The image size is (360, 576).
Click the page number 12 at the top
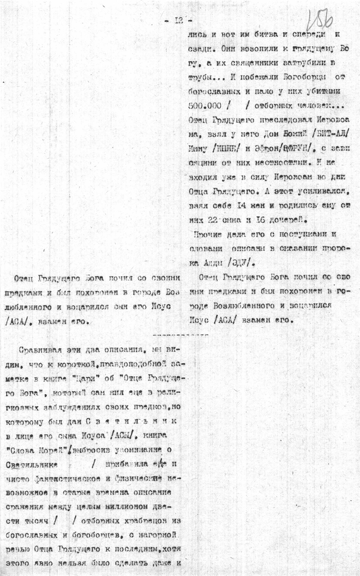click(178, 21)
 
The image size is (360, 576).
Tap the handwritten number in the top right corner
click(321, 19)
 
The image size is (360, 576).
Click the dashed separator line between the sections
click(180, 336)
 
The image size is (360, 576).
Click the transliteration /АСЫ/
click(123, 435)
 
